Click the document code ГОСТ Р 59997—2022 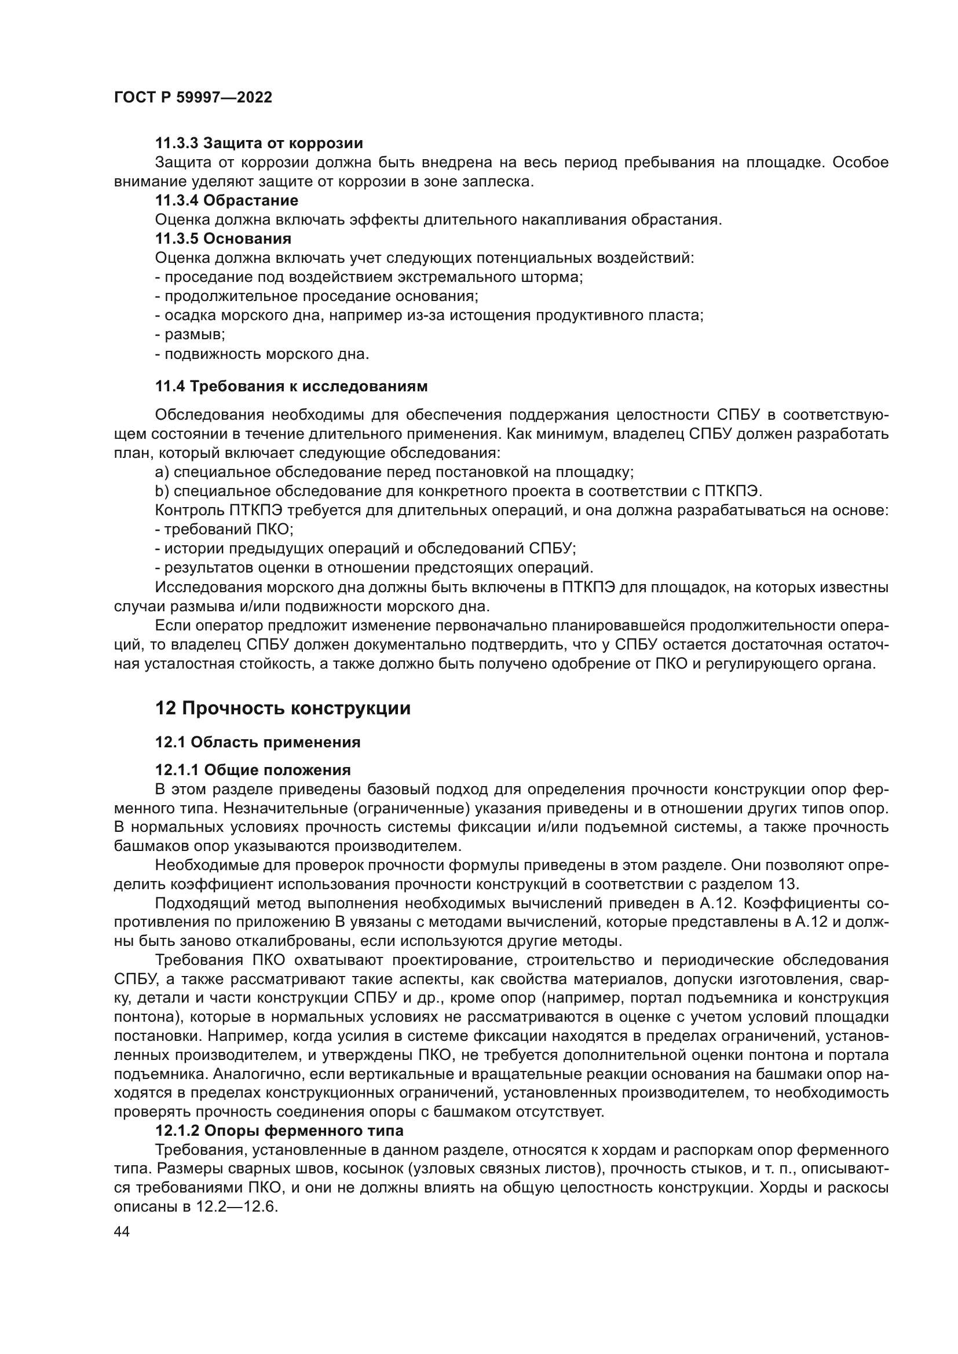tap(193, 97)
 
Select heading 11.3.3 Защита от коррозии tap(259, 144)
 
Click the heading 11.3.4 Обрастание tap(226, 200)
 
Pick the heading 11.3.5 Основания tap(223, 239)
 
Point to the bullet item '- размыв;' tap(190, 335)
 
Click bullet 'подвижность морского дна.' tap(262, 354)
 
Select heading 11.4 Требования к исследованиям tap(291, 386)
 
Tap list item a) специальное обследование tap(394, 472)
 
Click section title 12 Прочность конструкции tap(283, 708)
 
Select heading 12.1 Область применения tap(258, 743)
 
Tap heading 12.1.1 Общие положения tap(253, 770)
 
